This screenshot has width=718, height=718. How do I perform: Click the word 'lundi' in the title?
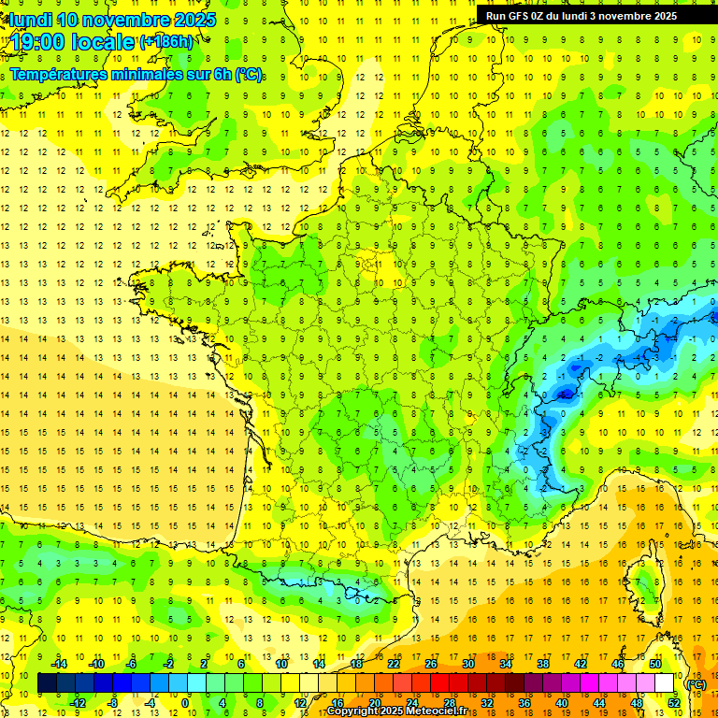(28, 20)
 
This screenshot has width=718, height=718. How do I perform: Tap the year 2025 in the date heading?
(194, 20)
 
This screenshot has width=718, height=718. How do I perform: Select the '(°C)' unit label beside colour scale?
(696, 684)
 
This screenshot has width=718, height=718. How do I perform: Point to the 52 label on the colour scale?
(674, 703)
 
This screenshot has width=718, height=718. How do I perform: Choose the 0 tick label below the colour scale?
(185, 703)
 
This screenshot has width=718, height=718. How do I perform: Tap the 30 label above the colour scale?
(467, 664)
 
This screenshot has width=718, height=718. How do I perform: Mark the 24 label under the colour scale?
(411, 703)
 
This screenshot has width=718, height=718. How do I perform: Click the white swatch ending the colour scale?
(665, 683)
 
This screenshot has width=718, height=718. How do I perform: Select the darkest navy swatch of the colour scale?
(47, 683)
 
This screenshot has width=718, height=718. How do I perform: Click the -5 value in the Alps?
(564, 394)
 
